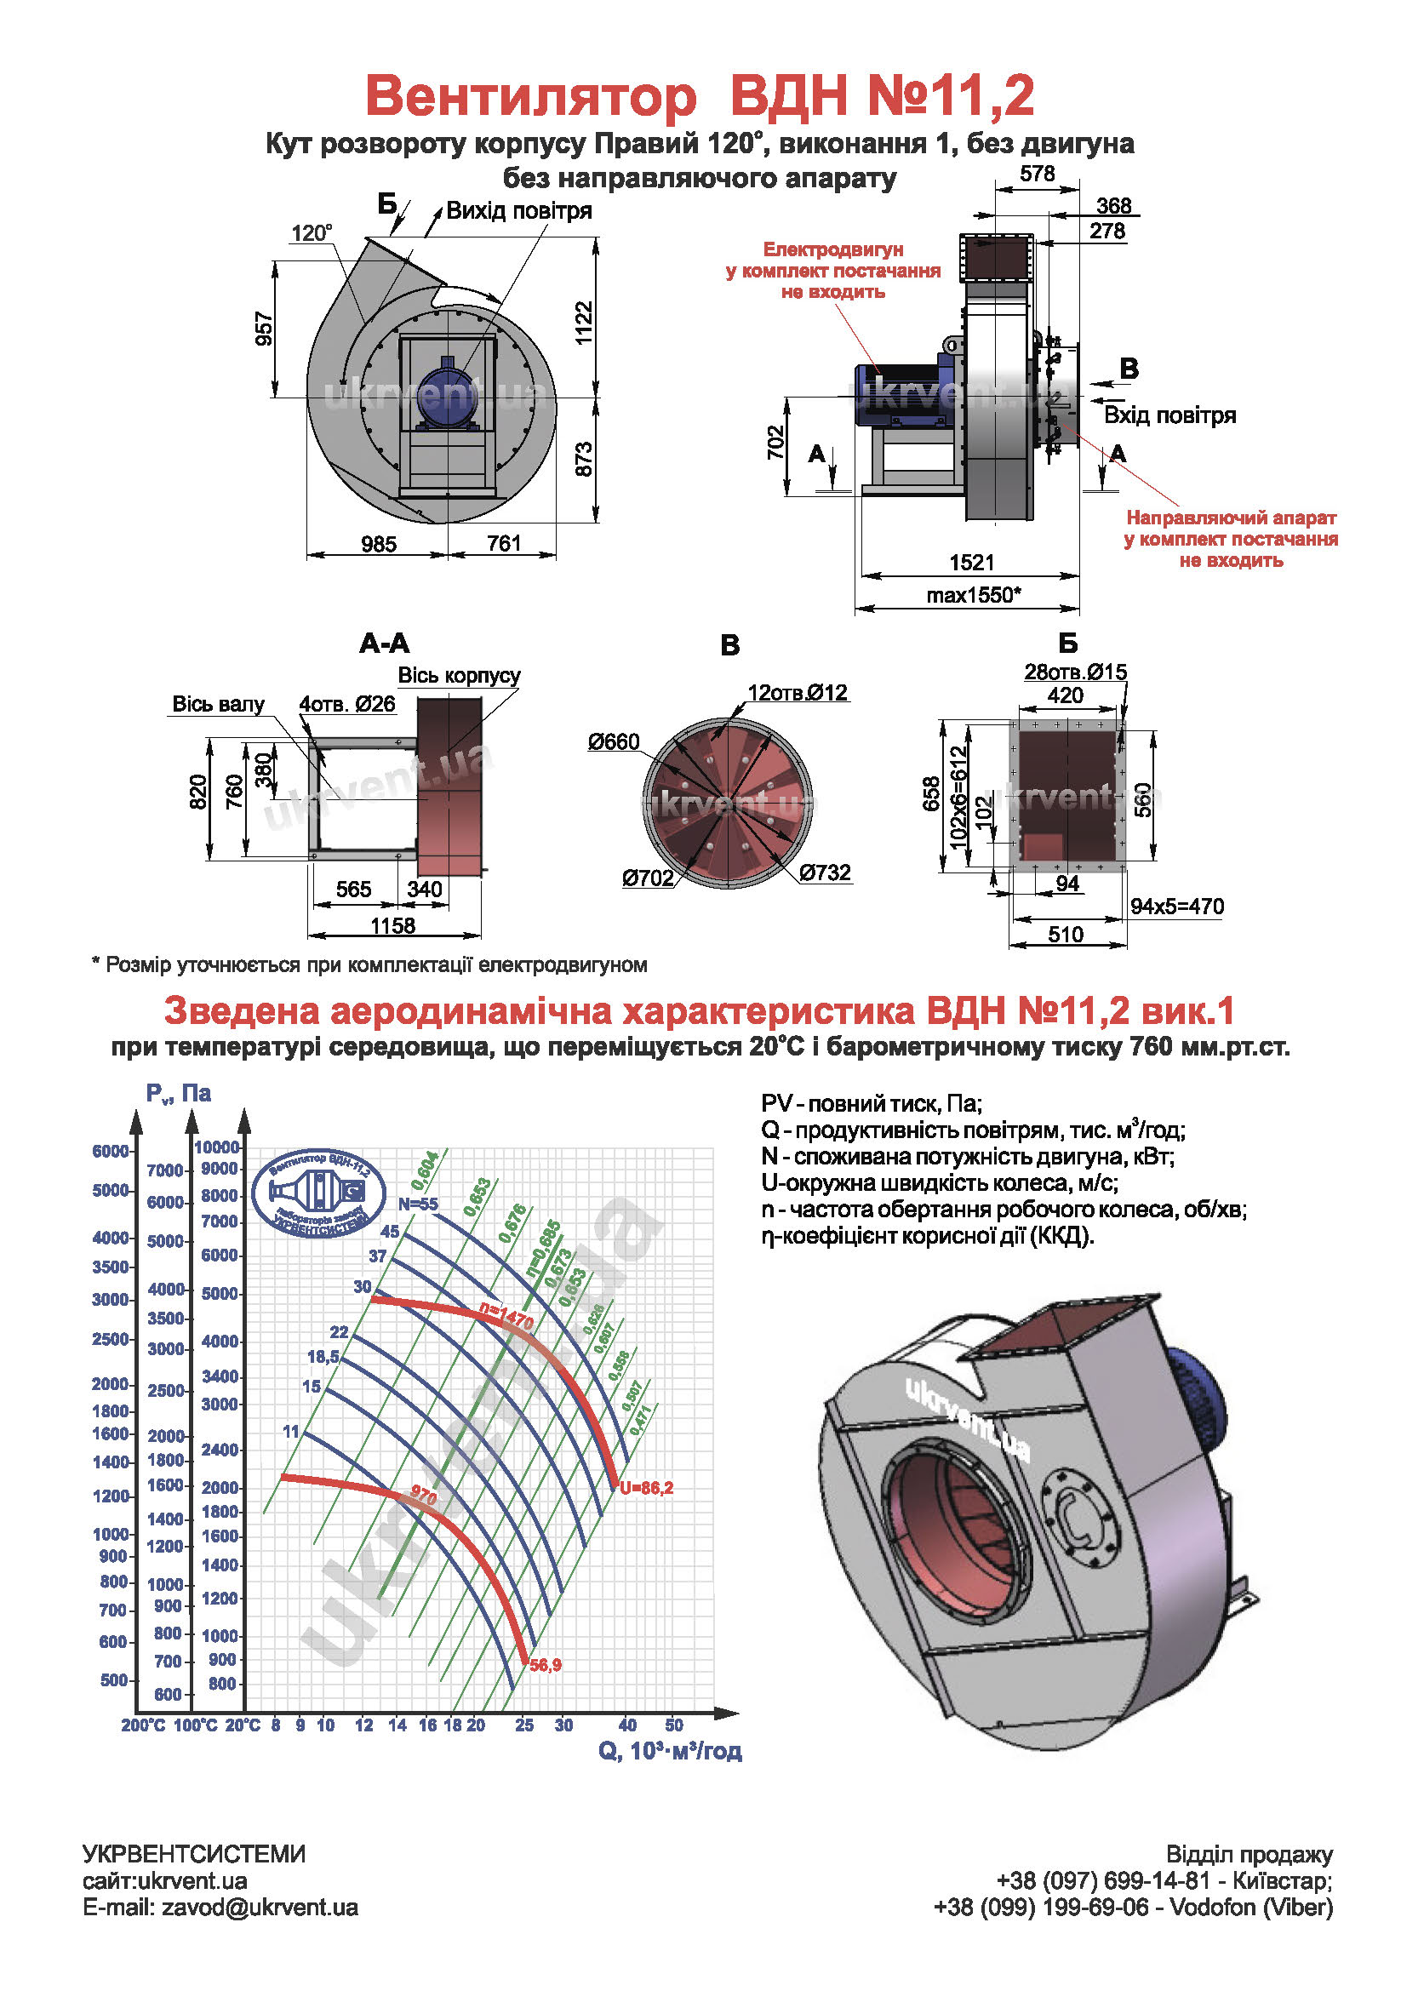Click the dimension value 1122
[x=583, y=323]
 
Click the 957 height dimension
[x=265, y=329]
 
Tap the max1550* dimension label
[x=973, y=595]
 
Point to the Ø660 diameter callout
[x=613, y=741]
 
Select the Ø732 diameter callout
[x=825, y=872]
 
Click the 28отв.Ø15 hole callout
[x=1075, y=671]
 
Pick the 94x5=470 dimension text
[x=1176, y=907]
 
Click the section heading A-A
[x=384, y=644]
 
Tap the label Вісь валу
[x=218, y=703]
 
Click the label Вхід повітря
[x=1169, y=415]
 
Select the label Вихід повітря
[x=518, y=211]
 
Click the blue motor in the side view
[x=897, y=395]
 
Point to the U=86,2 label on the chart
[x=646, y=1488]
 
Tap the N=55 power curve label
[x=418, y=1204]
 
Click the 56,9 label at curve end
[x=546, y=1665]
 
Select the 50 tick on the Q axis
[x=673, y=1725]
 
